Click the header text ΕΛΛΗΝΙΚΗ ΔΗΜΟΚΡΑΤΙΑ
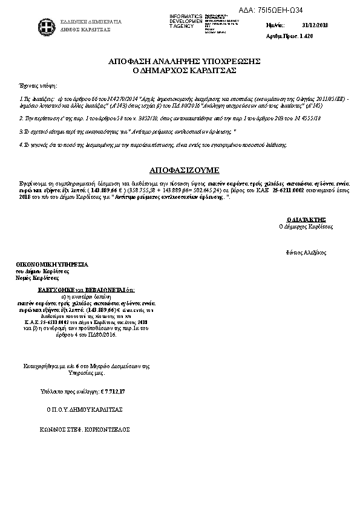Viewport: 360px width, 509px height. click(x=91, y=22)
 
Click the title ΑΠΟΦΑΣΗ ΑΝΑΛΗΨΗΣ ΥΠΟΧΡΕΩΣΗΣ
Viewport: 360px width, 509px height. click(x=184, y=62)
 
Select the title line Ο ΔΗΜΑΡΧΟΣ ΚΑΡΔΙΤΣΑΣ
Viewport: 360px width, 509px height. click(x=184, y=71)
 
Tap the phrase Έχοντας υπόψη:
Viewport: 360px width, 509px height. click(x=34, y=86)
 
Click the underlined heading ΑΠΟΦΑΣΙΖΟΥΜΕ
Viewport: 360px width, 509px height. click(x=184, y=170)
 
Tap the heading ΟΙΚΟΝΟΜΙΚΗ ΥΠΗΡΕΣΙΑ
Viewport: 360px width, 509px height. click(x=53, y=265)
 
